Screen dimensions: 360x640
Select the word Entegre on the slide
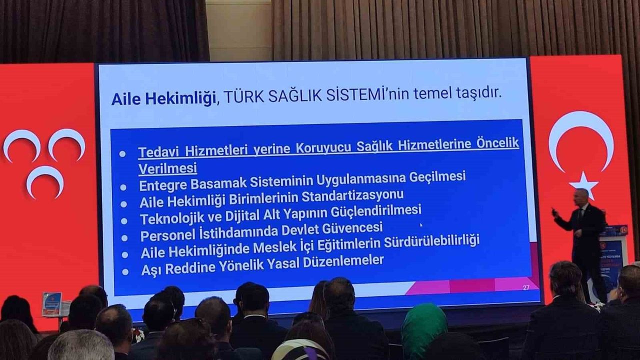coord(162,184)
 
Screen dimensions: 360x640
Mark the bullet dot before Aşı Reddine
coord(124,271)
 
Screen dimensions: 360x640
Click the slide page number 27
coord(526,287)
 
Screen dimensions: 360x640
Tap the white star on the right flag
coord(584,184)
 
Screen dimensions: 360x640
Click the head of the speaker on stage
coord(581,197)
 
